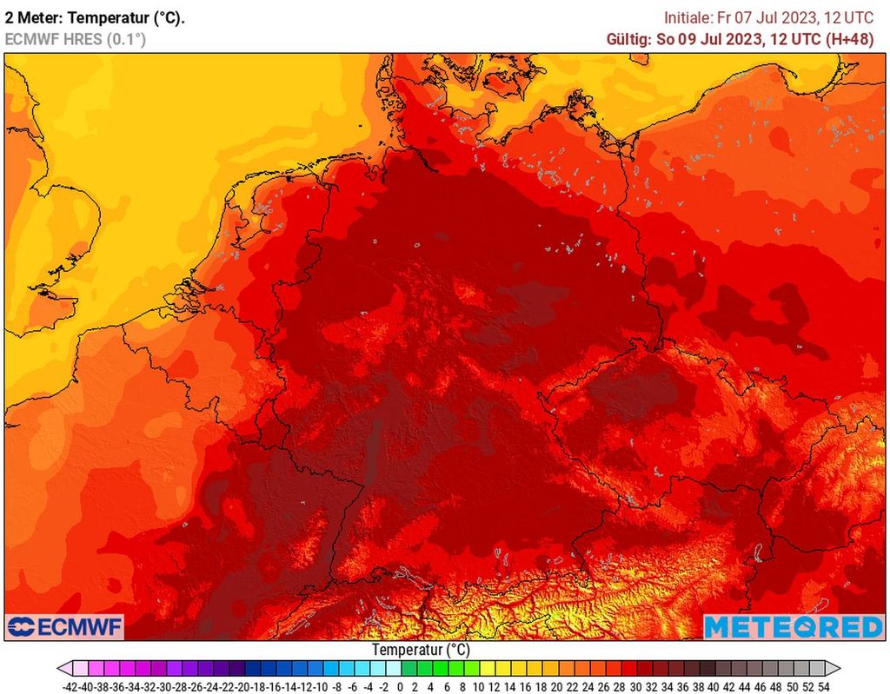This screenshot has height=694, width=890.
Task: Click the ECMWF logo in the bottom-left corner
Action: pos(65,626)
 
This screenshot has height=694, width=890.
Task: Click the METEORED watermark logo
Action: pos(793,626)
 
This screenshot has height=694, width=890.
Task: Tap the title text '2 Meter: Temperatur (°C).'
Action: pos(95,17)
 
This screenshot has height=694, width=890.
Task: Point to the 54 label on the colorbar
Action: pos(823,686)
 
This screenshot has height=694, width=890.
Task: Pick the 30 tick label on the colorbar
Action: pos(635,686)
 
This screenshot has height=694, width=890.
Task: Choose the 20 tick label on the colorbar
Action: pos(557,686)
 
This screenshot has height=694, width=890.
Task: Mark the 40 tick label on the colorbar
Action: pos(714,686)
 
